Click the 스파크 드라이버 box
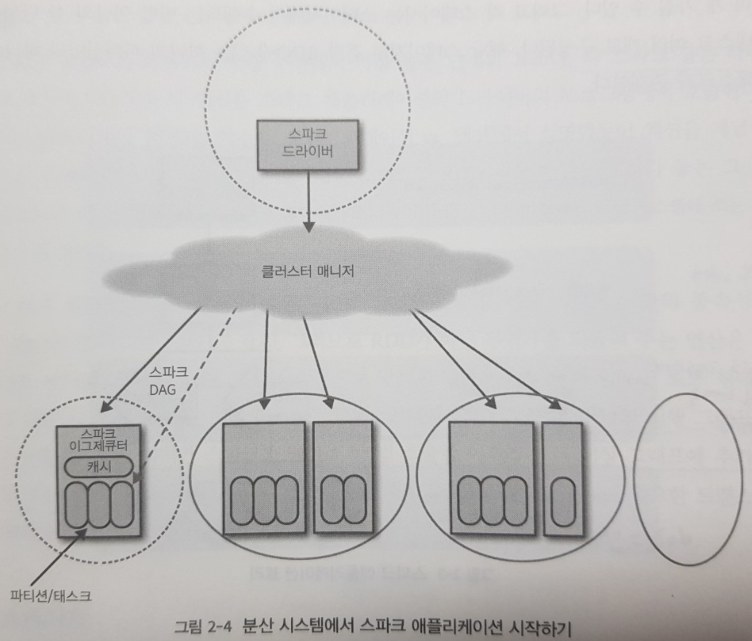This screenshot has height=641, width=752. [x=307, y=145]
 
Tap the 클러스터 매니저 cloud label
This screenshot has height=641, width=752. [x=307, y=272]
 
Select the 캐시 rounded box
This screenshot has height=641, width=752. [x=99, y=467]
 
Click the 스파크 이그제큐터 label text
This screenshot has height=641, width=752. [x=98, y=439]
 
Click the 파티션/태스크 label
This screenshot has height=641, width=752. [x=51, y=596]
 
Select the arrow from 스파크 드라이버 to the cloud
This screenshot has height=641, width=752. [x=309, y=200]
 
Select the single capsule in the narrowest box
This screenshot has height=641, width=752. [x=563, y=502]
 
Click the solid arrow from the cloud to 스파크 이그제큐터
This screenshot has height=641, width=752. [x=152, y=360]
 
